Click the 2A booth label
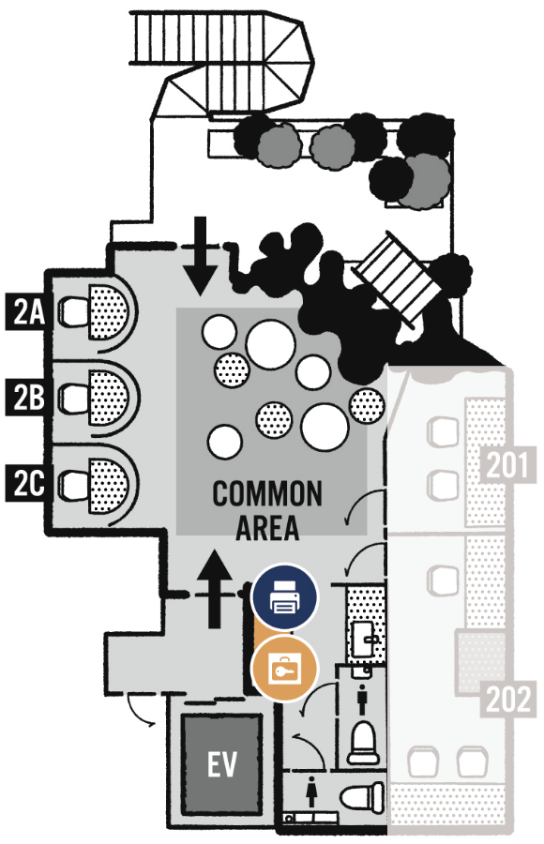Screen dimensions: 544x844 pos(27,311)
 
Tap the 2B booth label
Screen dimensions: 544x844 pos(27,398)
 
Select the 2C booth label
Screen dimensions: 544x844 pos(27,483)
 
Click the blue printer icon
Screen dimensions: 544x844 pos(285,597)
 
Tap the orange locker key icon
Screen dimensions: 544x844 pos(285,669)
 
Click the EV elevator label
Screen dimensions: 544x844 pos(222,763)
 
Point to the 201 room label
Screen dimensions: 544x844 pos(508,464)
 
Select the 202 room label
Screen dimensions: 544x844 pos(508,699)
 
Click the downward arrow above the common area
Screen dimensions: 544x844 pos(201,256)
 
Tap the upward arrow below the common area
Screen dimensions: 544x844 pos(215,589)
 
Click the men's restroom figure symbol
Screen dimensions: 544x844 pos(362,701)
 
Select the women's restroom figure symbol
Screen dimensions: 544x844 pos(311,791)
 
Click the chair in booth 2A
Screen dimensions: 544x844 pos(73,311)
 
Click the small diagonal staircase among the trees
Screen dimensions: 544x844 pos(398,279)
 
